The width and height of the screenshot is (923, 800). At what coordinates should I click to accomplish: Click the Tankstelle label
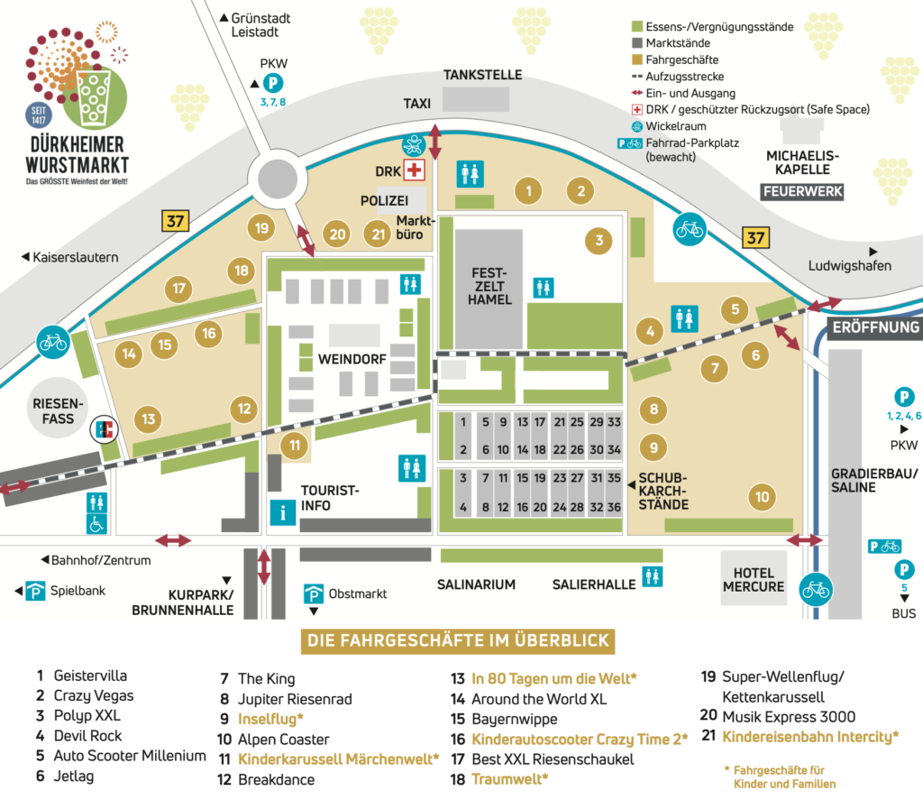[x=482, y=75]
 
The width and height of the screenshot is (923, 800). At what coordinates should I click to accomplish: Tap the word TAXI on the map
[x=417, y=104]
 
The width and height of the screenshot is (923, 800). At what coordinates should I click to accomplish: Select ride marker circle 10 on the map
[x=763, y=496]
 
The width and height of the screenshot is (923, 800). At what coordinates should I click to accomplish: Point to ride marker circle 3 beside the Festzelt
[x=598, y=240]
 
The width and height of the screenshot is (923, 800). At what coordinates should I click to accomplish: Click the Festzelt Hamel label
[x=489, y=286]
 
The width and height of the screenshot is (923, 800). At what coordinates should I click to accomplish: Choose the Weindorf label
[x=352, y=359]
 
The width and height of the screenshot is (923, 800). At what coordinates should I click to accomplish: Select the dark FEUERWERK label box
[x=801, y=191]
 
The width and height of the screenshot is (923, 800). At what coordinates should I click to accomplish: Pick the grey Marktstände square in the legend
[x=637, y=43]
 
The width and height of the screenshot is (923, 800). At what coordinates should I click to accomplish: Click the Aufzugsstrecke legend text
[x=685, y=77]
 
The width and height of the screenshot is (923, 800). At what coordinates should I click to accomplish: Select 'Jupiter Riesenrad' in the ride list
[x=295, y=699]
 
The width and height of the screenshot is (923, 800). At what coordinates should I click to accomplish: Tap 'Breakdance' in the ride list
[x=276, y=779]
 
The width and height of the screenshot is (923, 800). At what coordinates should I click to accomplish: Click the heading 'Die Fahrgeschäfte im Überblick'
[x=459, y=641]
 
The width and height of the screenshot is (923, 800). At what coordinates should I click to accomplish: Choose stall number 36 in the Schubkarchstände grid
[x=614, y=507]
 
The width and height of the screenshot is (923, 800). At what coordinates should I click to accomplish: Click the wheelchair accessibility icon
[x=96, y=523]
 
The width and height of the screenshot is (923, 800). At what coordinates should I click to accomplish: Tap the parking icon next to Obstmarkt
[x=314, y=593]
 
